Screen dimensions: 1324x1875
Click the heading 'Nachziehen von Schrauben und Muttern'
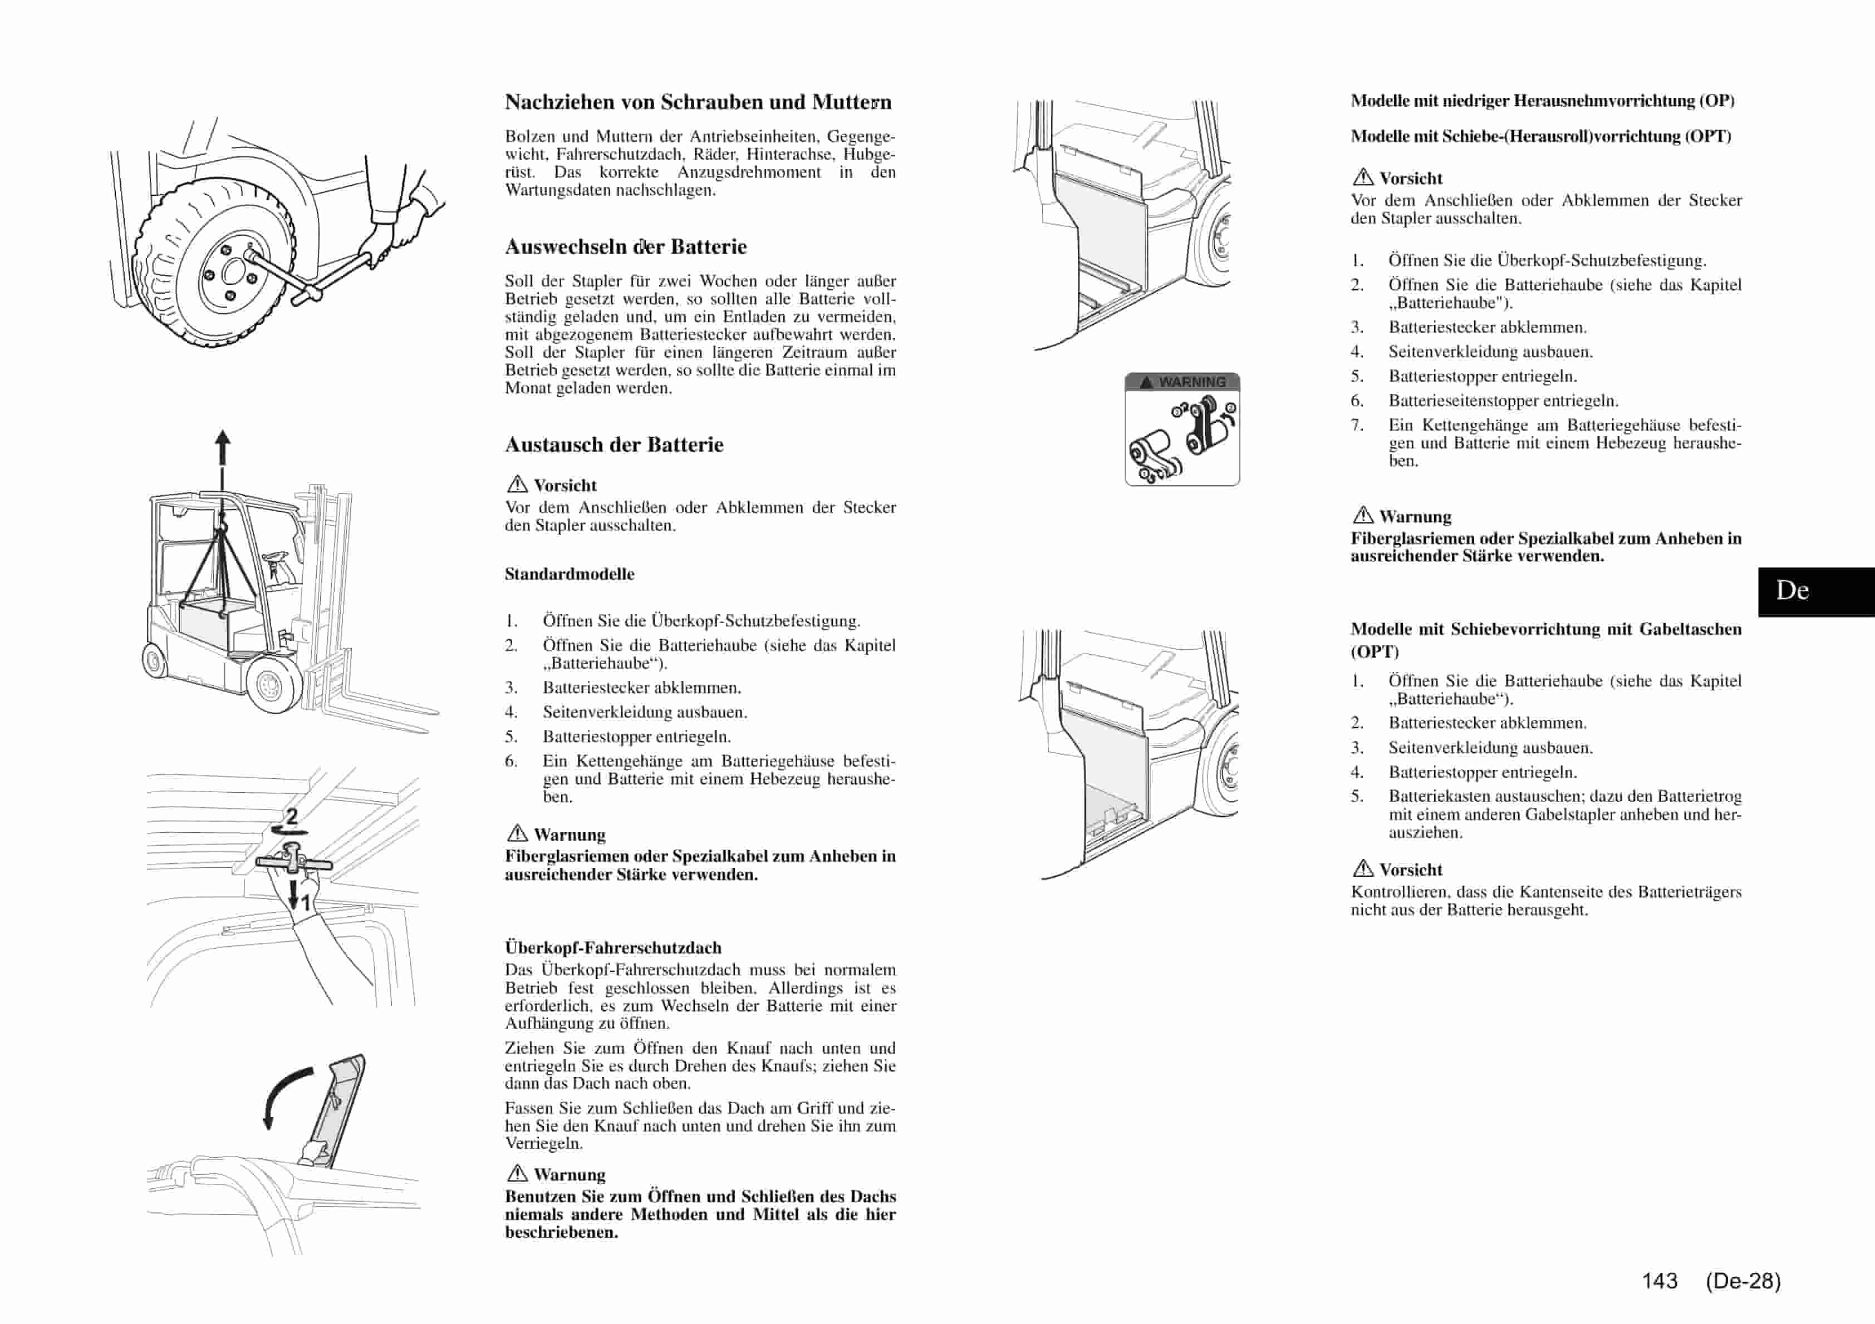coord(698,102)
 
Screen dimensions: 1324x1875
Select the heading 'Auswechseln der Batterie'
coord(626,246)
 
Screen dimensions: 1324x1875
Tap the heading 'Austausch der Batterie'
coord(613,445)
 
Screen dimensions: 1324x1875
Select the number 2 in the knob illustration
coord(292,816)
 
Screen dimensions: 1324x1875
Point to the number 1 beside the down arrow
coord(306,903)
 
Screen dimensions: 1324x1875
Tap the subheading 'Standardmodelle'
coord(569,574)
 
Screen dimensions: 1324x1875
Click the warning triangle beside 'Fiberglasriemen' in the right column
coord(1362,515)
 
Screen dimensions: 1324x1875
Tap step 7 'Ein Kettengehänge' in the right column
coord(1564,442)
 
